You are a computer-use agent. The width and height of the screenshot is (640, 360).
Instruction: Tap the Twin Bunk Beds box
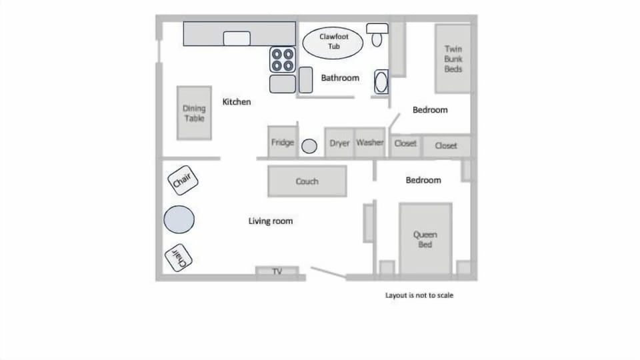pyautogui.click(x=453, y=59)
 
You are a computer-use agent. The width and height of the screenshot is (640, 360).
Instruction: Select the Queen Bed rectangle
pyautogui.click(x=425, y=239)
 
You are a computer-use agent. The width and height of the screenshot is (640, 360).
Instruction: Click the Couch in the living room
pyautogui.click(x=307, y=181)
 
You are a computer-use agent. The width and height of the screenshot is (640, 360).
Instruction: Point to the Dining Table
pyautogui.click(x=194, y=113)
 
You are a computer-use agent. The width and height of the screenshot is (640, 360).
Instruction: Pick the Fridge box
pyautogui.click(x=282, y=143)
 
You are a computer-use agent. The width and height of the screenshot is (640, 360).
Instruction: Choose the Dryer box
pyautogui.click(x=339, y=143)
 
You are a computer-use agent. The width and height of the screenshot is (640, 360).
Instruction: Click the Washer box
pyautogui.click(x=370, y=143)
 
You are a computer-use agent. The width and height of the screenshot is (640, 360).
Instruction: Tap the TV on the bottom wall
pyautogui.click(x=277, y=271)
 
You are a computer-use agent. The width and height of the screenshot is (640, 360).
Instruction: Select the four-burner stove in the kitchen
pyautogui.click(x=282, y=60)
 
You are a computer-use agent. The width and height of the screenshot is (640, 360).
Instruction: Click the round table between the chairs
pyautogui.click(x=179, y=219)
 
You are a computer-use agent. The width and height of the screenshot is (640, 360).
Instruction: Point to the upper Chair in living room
pyautogui.click(x=182, y=179)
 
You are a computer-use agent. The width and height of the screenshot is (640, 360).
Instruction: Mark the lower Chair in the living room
pyautogui.click(x=179, y=258)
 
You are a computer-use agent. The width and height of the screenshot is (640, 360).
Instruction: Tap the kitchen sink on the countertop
pyautogui.click(x=237, y=38)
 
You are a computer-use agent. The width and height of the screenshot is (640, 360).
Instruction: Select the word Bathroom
pyautogui.click(x=340, y=78)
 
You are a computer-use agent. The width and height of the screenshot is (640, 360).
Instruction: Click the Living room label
pyautogui.click(x=270, y=221)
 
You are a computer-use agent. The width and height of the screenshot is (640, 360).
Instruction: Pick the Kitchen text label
pyautogui.click(x=237, y=102)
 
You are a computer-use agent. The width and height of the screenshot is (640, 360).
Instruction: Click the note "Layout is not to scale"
pyautogui.click(x=419, y=295)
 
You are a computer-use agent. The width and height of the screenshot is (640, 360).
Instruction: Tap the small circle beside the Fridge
pyautogui.click(x=309, y=146)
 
